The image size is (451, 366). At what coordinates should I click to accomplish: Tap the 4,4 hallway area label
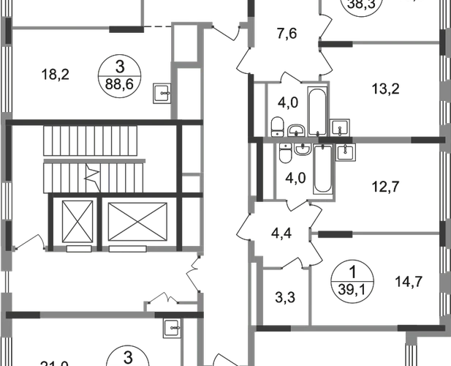click(x=281, y=236)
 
